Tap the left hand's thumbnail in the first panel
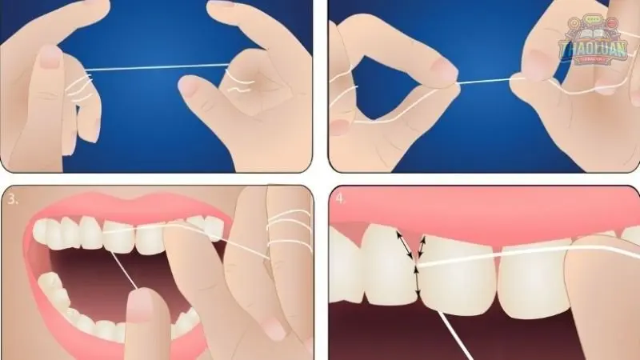(50, 55)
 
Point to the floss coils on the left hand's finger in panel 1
(80, 84)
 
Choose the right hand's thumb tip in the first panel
(192, 86)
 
